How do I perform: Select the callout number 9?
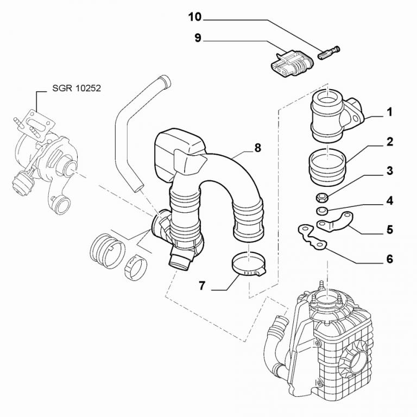[198, 38]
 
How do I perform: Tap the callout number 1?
[389, 113]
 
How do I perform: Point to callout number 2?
[389, 143]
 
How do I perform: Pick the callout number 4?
[389, 200]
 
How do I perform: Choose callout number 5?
[389, 229]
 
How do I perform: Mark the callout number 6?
[389, 258]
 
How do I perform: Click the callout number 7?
[201, 286]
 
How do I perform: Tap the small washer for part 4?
[321, 209]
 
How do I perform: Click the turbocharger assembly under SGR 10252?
[43, 157]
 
